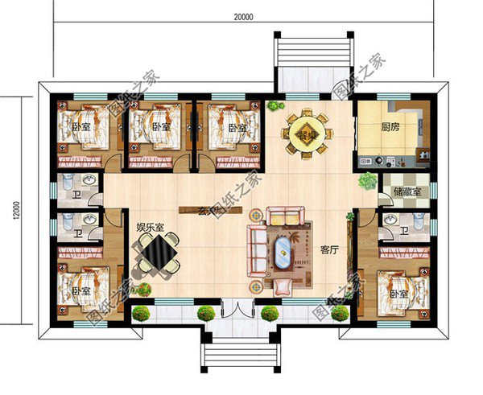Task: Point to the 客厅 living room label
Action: [329, 249]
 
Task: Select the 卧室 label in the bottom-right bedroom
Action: [398, 294]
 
